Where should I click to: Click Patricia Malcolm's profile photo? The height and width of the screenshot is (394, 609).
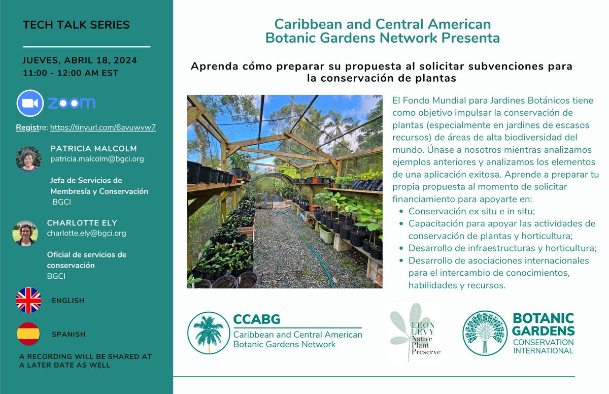pos(28,159)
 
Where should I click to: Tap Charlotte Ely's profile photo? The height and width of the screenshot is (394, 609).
pos(25,233)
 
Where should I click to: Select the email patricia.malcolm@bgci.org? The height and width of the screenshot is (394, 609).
pos(89,159)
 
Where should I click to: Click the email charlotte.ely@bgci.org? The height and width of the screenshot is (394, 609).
pos(86,233)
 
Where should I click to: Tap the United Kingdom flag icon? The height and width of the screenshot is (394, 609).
pos(28,300)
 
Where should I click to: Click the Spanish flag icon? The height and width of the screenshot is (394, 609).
pos(28,334)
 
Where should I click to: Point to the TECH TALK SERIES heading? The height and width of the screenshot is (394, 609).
pos(76,25)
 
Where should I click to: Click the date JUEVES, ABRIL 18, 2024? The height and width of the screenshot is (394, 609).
pos(80,61)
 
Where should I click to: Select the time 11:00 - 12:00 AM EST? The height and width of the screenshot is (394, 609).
pos(70,73)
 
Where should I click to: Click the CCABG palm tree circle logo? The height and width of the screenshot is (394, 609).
pos(208,333)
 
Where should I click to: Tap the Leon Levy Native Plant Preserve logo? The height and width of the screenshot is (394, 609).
pos(415,332)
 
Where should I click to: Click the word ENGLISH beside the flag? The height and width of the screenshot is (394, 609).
pos(68,301)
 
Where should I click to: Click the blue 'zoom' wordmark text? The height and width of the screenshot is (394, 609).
pos(72,103)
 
